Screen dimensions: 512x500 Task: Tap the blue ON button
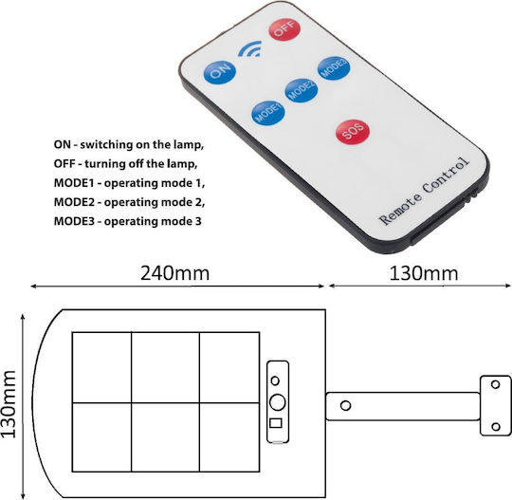tap(219, 72)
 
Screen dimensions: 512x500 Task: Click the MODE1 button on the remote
tap(268, 113)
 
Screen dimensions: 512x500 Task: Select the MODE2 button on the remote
tap(302, 90)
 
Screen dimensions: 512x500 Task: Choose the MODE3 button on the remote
tap(334, 68)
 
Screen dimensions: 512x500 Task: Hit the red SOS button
tap(353, 132)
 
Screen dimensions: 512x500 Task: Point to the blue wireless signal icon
tap(250, 49)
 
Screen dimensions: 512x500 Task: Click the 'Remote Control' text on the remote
tap(424, 192)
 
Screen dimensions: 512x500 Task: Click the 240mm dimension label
tap(175, 273)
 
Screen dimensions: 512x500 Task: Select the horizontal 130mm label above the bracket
tap(424, 273)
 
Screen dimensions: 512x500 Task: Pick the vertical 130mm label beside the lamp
tap(9, 404)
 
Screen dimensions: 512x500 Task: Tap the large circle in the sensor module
tap(278, 402)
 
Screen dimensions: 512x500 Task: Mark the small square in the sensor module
tap(276, 423)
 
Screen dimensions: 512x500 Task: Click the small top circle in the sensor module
tap(275, 380)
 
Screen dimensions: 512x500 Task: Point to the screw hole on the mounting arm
tap(345, 405)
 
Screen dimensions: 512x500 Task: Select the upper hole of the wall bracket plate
tap(495, 384)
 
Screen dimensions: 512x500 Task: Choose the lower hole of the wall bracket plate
tap(496, 427)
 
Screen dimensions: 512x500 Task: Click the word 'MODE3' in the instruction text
tap(74, 221)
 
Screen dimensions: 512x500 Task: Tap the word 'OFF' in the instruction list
tap(64, 163)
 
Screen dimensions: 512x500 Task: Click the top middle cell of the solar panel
tap(166, 367)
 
